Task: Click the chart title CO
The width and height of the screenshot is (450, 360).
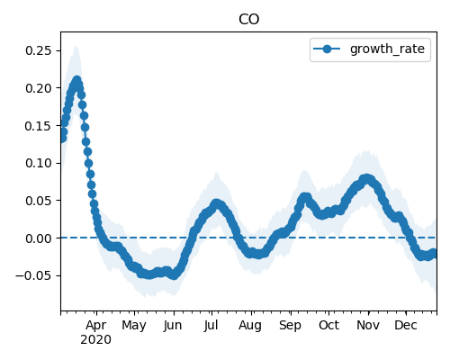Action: (x=248, y=20)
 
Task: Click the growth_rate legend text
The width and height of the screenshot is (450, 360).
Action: (x=387, y=49)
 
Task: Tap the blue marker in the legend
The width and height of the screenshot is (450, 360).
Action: (x=327, y=49)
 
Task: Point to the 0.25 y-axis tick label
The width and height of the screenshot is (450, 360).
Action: (x=39, y=50)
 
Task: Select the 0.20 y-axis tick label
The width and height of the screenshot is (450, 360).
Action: (x=39, y=88)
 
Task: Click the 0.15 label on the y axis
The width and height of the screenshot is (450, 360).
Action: (x=39, y=126)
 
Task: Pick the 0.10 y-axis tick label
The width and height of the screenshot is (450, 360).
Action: (x=39, y=163)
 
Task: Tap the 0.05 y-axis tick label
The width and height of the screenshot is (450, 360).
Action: (x=39, y=201)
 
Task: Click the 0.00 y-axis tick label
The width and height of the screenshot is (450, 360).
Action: (x=39, y=238)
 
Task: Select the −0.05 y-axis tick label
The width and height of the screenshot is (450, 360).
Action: (x=33, y=276)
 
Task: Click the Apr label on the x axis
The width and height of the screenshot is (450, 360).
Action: (x=95, y=326)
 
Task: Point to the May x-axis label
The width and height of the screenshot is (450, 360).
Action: (x=134, y=326)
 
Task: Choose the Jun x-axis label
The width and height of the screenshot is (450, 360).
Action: (x=173, y=326)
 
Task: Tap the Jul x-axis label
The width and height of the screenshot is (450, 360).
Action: (x=211, y=326)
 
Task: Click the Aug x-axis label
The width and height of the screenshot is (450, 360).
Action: (x=250, y=326)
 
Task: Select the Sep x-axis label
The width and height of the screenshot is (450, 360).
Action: (x=290, y=326)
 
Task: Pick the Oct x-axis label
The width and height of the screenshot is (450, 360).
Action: (x=328, y=325)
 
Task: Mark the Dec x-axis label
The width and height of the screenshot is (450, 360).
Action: (x=406, y=325)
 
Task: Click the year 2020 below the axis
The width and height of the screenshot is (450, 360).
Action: (x=95, y=340)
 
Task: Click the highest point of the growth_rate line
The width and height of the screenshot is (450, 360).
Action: (x=77, y=80)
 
